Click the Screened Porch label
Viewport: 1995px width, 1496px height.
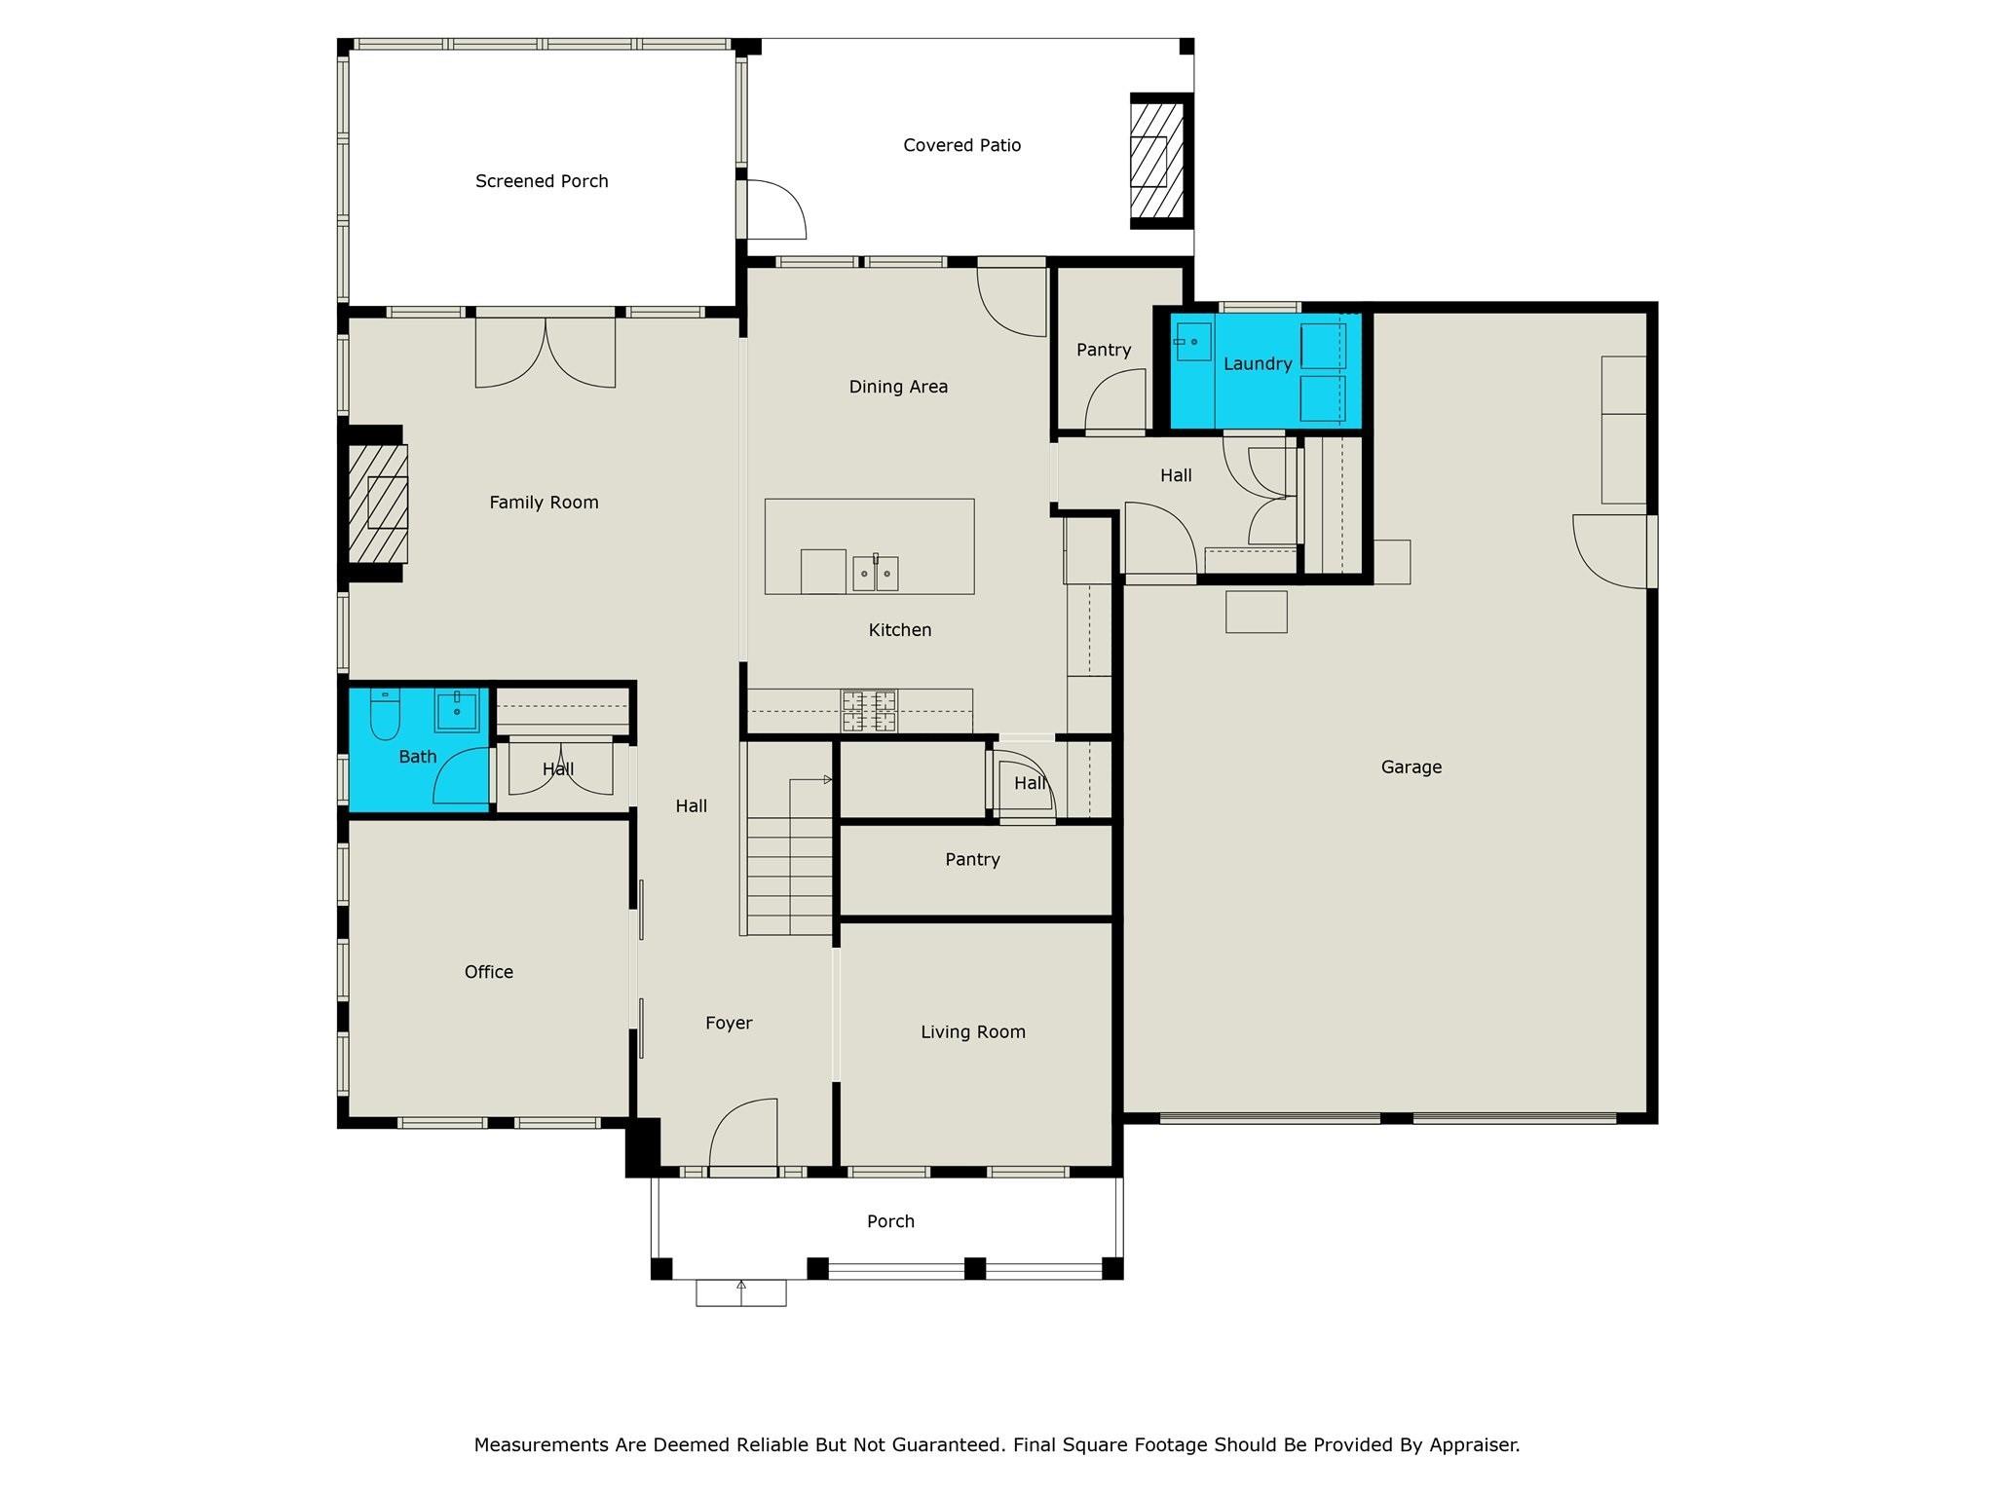click(542, 181)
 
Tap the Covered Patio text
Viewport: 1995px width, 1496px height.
click(961, 145)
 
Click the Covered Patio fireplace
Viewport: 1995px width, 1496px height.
click(1156, 161)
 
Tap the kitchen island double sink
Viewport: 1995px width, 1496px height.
click(875, 574)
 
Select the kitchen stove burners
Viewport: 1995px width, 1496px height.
click(869, 710)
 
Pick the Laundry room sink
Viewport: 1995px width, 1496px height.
click(1192, 342)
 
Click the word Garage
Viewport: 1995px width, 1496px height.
click(1411, 767)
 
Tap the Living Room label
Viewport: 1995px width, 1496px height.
click(972, 1032)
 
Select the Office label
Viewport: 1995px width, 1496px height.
click(488, 972)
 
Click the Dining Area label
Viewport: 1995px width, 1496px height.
click(897, 387)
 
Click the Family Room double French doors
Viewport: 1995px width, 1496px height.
click(546, 353)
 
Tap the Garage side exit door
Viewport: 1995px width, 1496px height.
click(1612, 551)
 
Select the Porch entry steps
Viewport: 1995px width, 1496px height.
click(740, 1292)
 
